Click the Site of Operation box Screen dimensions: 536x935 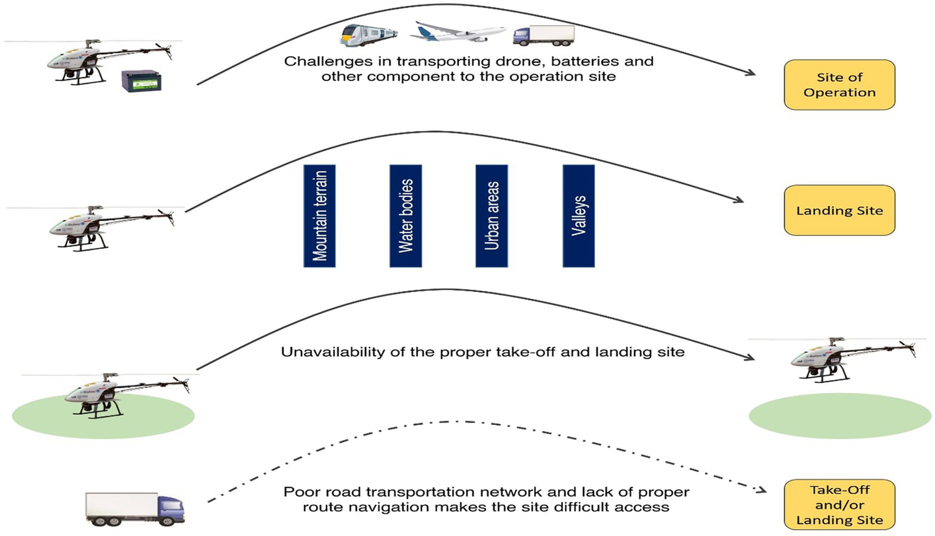(x=839, y=85)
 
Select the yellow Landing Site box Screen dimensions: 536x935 (x=839, y=210)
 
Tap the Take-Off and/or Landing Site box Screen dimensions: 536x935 (x=839, y=505)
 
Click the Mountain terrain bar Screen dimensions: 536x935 (x=319, y=216)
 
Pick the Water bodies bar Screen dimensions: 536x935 (x=406, y=216)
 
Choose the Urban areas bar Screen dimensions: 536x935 (x=492, y=216)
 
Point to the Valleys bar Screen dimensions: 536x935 (x=578, y=216)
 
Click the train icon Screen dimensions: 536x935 (x=369, y=35)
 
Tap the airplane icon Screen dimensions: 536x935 (x=457, y=32)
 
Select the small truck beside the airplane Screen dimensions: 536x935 (x=543, y=35)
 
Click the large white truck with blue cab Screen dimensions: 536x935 (x=135, y=509)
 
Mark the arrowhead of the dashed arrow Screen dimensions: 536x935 (x=761, y=490)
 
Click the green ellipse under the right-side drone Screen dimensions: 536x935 (x=839, y=416)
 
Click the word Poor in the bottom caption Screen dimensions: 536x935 (x=302, y=492)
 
